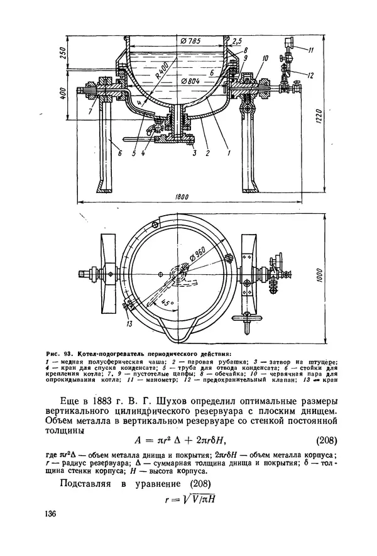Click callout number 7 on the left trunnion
click(x=93, y=111)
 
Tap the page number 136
click(x=52, y=514)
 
